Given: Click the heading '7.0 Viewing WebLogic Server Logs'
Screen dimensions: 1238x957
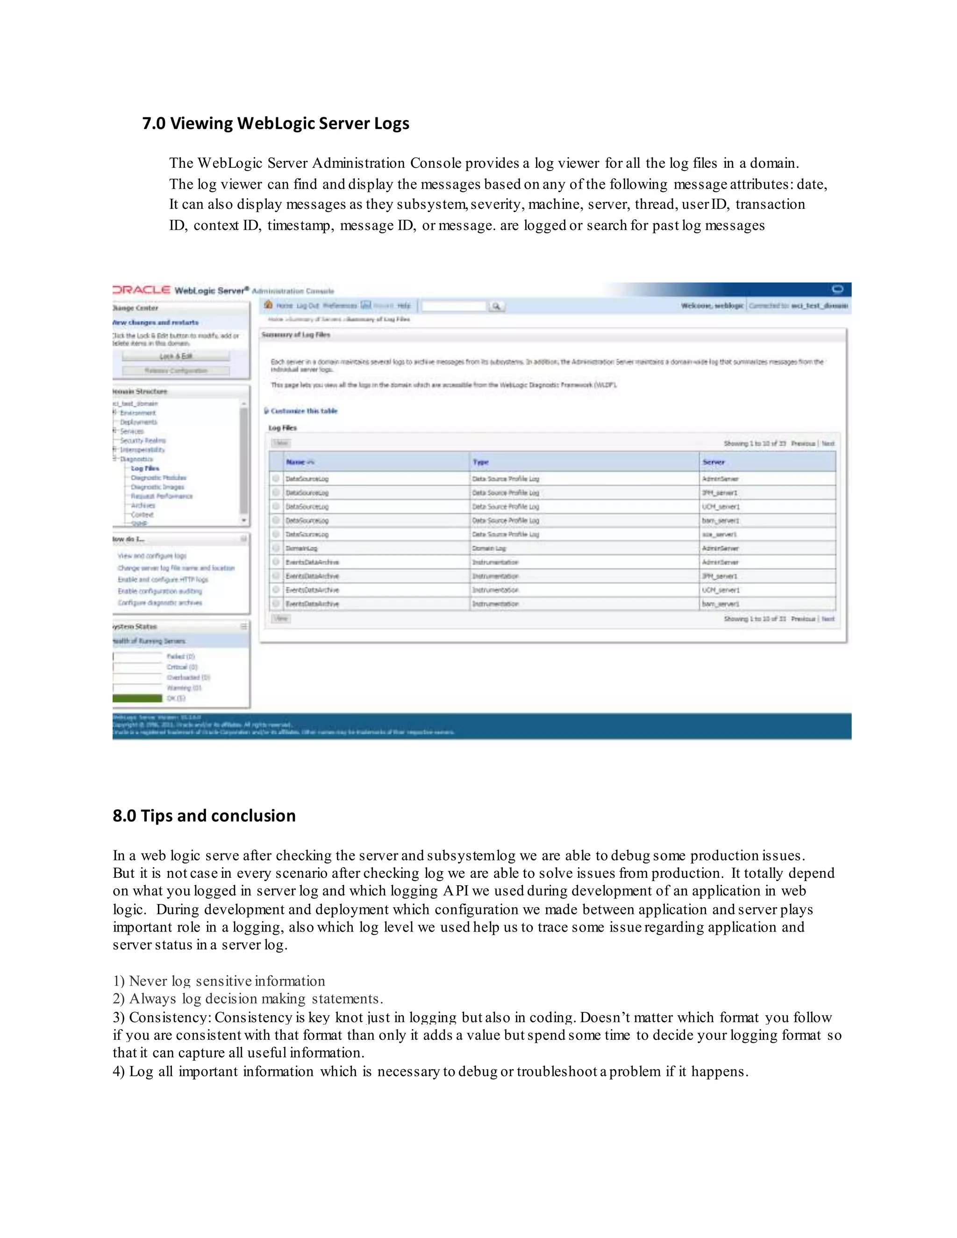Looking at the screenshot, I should coord(276,123).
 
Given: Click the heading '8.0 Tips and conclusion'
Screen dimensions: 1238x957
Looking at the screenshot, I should coord(204,816).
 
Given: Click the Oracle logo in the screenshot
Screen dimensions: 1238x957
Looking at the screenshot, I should coord(142,290).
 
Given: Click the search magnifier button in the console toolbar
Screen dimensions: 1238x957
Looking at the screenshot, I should coord(496,306).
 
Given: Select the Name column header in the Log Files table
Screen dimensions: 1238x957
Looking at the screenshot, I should coord(296,462).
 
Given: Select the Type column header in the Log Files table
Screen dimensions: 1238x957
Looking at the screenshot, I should coord(480,462).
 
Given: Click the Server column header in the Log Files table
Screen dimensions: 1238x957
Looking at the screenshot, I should coord(713,462).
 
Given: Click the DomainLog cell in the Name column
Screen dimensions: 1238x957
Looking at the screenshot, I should coord(301,548).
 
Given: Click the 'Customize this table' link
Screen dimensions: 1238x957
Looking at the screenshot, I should coord(304,411).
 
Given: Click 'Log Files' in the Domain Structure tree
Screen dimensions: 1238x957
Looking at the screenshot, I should coord(145,468).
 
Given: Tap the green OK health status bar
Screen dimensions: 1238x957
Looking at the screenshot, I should coord(138,698).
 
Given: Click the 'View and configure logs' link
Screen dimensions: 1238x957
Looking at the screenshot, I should coord(152,555).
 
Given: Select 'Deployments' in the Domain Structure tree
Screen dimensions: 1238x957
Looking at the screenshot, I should coord(138,422).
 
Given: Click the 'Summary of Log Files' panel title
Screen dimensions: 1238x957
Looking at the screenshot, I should coord(296,335).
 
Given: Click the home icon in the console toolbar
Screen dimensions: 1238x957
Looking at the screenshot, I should coord(269,305).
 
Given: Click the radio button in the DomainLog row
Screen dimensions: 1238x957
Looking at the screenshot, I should coord(276,548).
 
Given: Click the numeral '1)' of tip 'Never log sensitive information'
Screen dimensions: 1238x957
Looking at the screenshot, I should coord(119,981).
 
